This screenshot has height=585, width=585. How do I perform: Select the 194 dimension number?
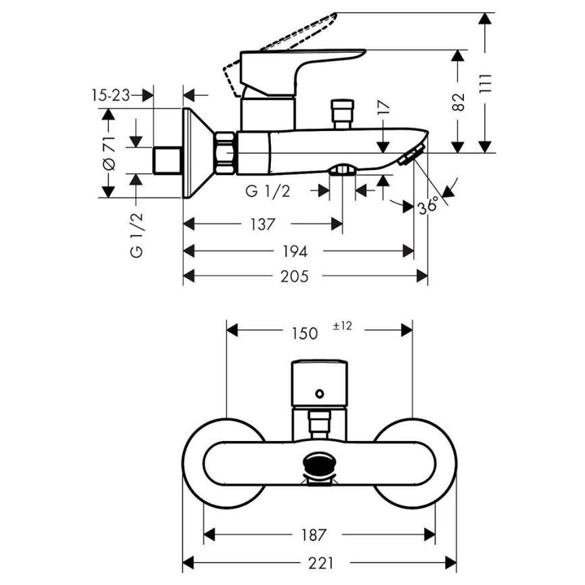[x=295, y=251]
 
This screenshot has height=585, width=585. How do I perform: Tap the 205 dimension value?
[x=295, y=276]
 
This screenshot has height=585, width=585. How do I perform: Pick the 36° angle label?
[x=428, y=205]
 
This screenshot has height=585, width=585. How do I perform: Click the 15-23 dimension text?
[x=111, y=95]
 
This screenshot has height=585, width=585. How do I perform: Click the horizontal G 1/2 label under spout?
[x=268, y=192]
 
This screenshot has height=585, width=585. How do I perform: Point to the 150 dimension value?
[x=304, y=332]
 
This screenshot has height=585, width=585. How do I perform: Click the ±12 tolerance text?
[x=343, y=326]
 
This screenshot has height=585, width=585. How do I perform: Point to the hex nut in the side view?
[x=225, y=153]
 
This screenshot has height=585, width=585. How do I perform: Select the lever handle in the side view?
[x=304, y=64]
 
